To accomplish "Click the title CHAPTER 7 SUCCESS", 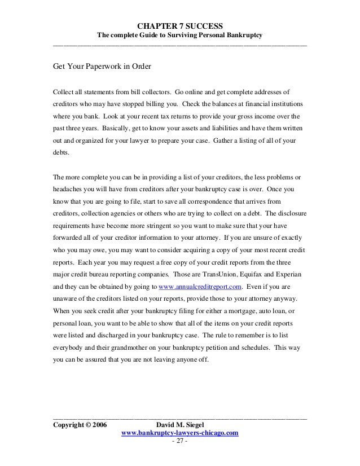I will pos(180,26).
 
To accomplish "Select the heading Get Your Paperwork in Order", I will pos(102,65).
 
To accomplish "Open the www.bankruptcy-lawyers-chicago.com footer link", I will pos(180,433).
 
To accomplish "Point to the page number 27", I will pos(179,441).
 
